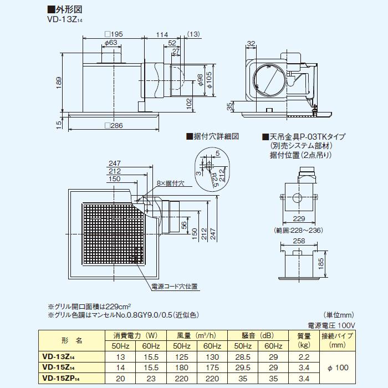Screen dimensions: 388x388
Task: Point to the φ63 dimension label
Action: (110, 42)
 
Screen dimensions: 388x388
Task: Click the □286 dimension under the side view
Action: (114, 126)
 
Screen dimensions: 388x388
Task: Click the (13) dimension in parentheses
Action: (193, 34)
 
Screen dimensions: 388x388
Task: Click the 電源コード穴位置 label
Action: (175, 287)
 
